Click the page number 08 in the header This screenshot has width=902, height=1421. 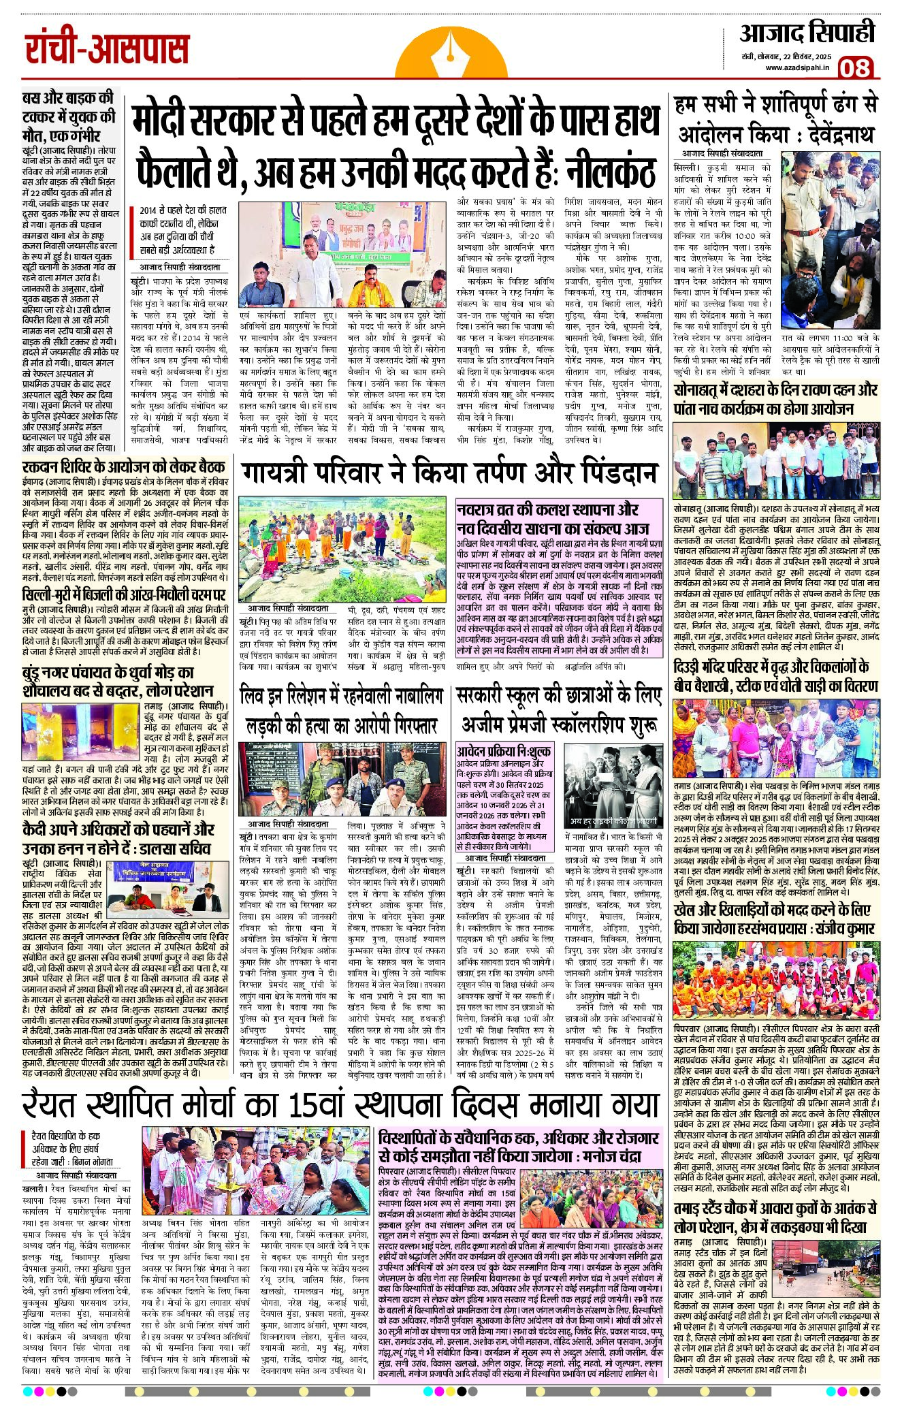(x=854, y=69)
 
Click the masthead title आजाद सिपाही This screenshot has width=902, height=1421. (x=807, y=33)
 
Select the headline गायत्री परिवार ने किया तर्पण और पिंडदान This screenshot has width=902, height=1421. (x=449, y=472)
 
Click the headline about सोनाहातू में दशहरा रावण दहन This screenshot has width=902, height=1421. (x=775, y=400)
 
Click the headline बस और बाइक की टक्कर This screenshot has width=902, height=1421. (x=69, y=116)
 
